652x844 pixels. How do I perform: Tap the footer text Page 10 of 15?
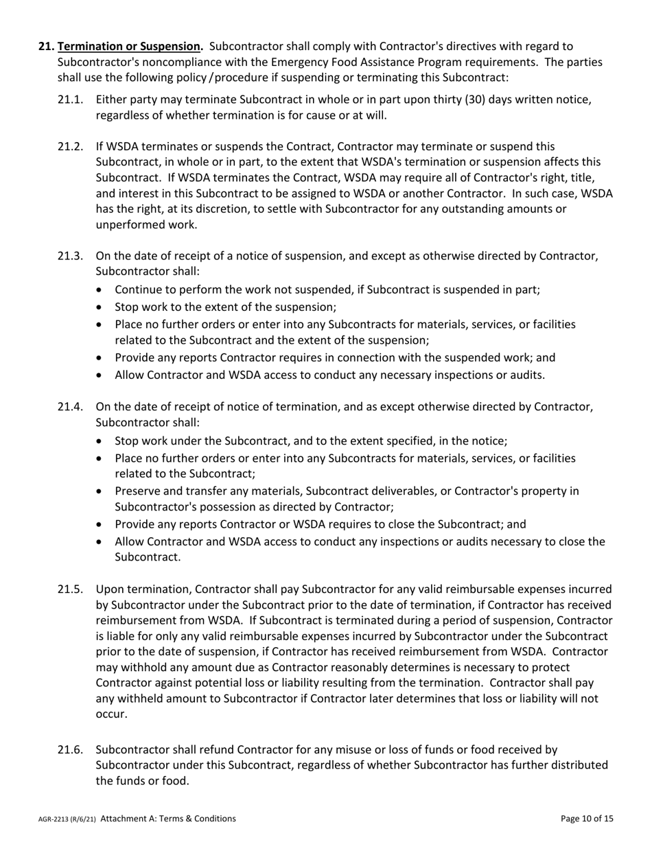(587, 819)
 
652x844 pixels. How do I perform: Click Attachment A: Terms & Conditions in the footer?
(168, 819)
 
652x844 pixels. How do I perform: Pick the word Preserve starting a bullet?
(137, 491)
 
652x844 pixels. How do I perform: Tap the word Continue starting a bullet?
(139, 290)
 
